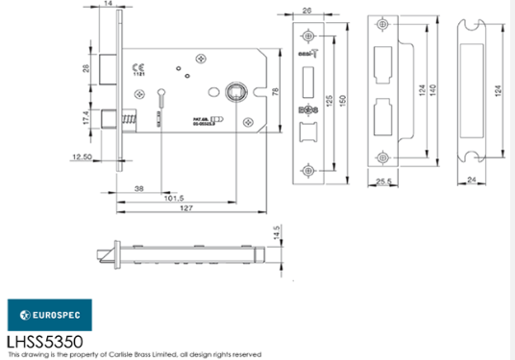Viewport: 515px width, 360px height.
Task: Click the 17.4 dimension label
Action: pos(86,118)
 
